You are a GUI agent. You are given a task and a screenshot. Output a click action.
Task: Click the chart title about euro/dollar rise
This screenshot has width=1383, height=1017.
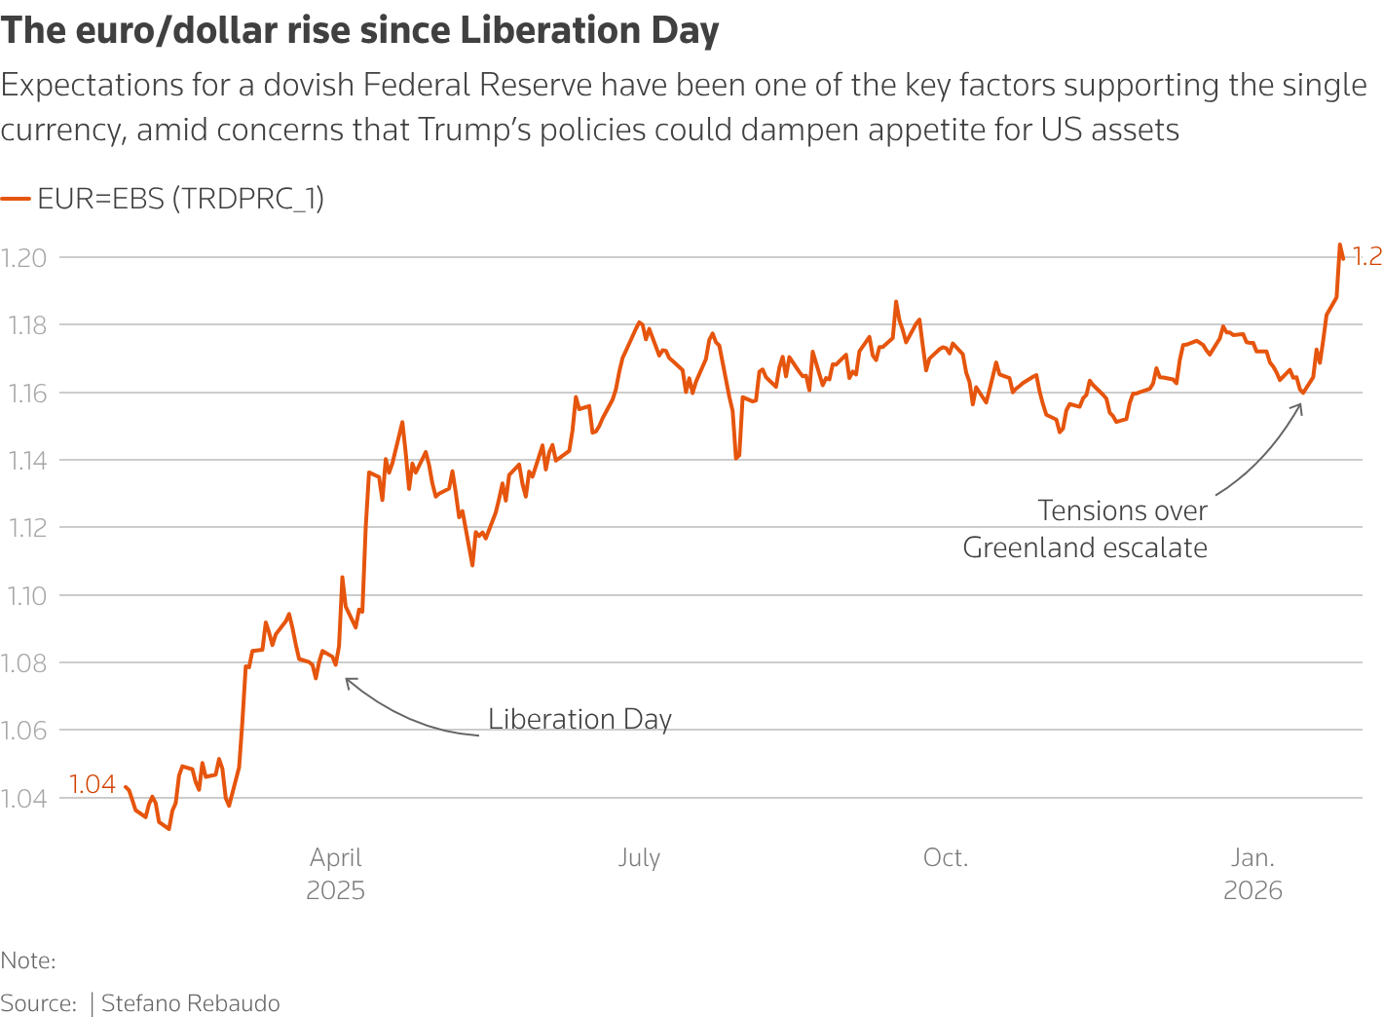(359, 31)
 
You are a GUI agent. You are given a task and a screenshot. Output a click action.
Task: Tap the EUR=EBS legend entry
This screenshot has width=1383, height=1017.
(180, 199)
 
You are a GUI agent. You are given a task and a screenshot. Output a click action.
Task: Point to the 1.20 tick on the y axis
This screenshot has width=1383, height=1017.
(24, 258)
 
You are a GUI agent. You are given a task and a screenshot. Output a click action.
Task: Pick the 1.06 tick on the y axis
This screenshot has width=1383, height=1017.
(25, 731)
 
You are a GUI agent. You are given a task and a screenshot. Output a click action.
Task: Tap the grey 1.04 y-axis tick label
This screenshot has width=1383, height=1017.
(25, 799)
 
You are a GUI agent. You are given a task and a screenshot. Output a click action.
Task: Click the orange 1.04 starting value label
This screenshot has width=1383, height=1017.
(93, 784)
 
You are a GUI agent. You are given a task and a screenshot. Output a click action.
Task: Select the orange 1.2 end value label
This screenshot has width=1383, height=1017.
(1367, 256)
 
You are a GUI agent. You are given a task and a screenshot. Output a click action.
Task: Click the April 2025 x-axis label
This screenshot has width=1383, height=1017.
(336, 874)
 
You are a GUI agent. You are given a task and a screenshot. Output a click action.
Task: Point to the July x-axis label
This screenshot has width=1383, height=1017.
(639, 858)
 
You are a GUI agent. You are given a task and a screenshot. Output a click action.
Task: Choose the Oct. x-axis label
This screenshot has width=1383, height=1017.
(946, 858)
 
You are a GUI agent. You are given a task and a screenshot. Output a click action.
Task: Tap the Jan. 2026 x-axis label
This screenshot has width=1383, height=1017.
(1252, 874)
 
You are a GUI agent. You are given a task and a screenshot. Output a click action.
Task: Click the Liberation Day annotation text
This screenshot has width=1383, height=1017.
(579, 719)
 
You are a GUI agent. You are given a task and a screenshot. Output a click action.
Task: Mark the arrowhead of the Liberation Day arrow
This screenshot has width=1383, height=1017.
(348, 680)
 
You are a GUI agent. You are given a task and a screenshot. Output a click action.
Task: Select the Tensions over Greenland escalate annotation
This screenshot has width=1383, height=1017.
(1085, 529)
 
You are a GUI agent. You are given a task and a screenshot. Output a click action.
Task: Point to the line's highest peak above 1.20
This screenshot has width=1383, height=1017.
(1340, 245)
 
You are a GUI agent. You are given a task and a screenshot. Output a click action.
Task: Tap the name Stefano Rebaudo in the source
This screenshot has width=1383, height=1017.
(191, 1003)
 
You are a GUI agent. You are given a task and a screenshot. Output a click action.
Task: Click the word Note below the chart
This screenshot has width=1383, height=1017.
(26, 960)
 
